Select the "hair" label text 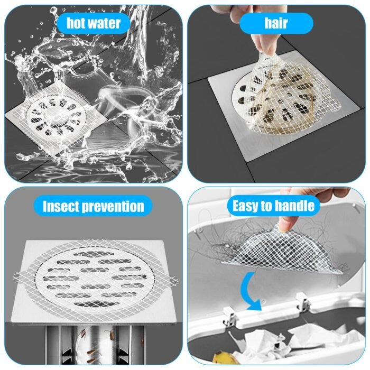(x=276, y=23)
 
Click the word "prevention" (x=113, y=207)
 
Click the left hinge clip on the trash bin (x=230, y=317)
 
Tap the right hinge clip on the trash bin (x=303, y=302)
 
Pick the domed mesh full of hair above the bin (x=281, y=253)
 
